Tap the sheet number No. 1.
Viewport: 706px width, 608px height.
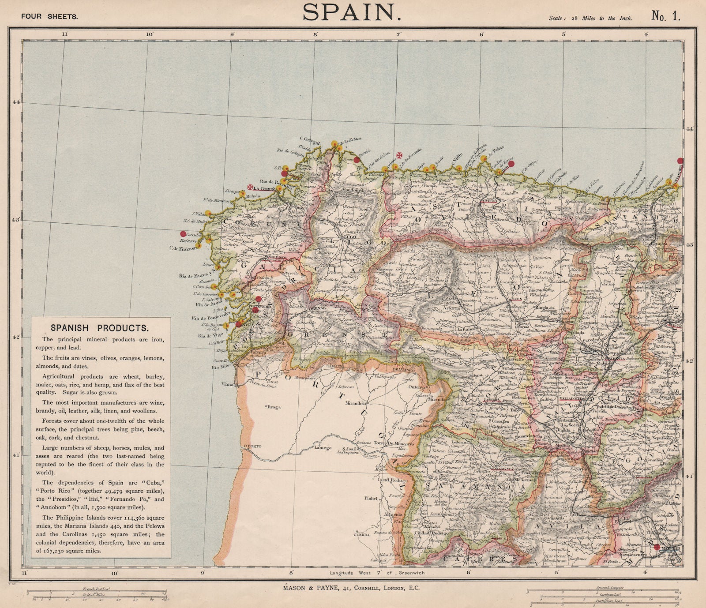[666, 16]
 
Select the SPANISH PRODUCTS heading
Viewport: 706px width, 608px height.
[99, 328]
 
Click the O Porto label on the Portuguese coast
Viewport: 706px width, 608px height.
[252, 446]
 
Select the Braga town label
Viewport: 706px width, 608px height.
[274, 406]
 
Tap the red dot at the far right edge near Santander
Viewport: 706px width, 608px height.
[681, 161]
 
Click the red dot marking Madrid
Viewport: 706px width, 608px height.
[657, 547]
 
